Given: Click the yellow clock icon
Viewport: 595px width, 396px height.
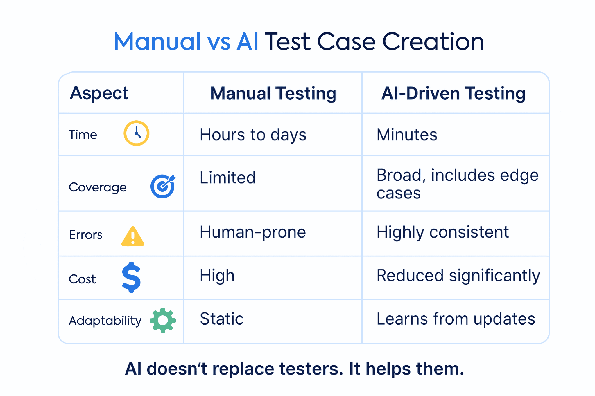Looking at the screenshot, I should tap(136, 133).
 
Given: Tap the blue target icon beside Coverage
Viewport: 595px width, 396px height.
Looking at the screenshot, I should tap(163, 186).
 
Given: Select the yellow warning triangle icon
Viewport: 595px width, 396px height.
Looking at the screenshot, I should tap(133, 237).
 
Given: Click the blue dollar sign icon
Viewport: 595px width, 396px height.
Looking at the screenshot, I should tap(131, 277).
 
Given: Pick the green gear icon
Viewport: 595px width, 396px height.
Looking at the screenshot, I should tap(163, 320).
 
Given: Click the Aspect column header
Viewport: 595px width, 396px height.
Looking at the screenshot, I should tap(99, 93).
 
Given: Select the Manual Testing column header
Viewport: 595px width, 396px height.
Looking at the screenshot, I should tap(273, 93).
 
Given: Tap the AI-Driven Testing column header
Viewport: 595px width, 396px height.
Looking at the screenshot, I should tap(454, 93).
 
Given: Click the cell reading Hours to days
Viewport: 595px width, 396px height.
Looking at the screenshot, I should tap(253, 135).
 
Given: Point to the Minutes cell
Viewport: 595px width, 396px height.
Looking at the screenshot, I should tap(407, 135).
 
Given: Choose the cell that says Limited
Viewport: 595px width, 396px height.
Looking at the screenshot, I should tap(228, 178).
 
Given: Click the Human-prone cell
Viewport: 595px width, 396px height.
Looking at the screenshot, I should tap(253, 232).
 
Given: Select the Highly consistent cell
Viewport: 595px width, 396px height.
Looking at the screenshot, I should tap(442, 232).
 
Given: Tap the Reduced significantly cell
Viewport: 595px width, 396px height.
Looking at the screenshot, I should tap(458, 276).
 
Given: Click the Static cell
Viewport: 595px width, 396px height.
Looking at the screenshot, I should tap(222, 319).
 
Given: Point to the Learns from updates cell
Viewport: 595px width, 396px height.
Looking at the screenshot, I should tap(456, 319).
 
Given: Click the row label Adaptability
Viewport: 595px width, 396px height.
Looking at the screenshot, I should tap(105, 321).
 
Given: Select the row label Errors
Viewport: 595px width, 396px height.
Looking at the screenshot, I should tap(85, 235).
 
